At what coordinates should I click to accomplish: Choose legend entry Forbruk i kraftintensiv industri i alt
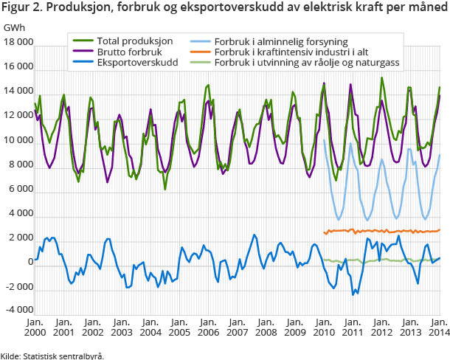click(300, 52)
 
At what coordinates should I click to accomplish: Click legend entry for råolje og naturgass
click(307, 63)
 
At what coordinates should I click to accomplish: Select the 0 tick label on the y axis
click(30, 261)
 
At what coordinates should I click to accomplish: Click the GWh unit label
click(14, 27)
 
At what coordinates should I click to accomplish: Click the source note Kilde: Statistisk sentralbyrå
click(52, 355)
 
